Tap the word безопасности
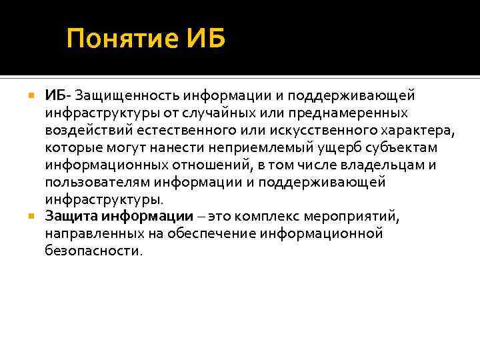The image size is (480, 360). [x=93, y=251]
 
